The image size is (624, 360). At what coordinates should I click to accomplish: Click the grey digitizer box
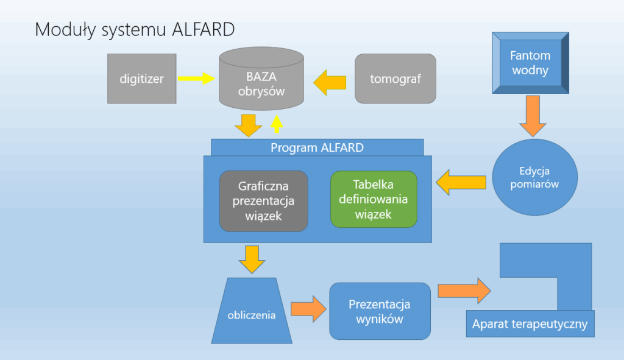(x=141, y=79)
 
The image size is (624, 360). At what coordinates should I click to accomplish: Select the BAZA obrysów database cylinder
(x=261, y=79)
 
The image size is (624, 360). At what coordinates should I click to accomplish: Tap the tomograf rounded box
(x=395, y=79)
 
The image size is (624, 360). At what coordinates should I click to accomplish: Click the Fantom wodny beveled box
(x=531, y=63)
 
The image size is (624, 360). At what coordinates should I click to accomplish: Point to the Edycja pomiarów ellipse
(x=534, y=177)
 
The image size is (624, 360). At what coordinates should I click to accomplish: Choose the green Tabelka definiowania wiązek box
(x=374, y=199)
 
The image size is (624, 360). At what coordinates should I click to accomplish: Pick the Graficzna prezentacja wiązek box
(x=263, y=201)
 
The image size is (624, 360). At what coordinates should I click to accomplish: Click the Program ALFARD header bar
(x=317, y=147)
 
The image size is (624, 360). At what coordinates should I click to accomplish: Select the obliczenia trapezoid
(x=252, y=311)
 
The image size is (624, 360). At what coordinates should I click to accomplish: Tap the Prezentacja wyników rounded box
(x=380, y=311)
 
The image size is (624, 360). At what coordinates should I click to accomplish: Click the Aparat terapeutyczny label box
(x=530, y=324)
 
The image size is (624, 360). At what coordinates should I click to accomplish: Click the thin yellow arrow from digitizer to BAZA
(x=197, y=79)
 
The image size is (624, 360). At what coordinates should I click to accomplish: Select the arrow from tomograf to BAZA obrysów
(x=330, y=83)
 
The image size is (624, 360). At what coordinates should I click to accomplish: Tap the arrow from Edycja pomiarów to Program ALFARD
(x=461, y=183)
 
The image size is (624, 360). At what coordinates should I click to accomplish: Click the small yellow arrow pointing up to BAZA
(x=277, y=124)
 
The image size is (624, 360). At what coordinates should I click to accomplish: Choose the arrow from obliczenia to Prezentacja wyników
(x=309, y=309)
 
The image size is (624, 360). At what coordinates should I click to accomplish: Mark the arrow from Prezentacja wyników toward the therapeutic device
(x=464, y=291)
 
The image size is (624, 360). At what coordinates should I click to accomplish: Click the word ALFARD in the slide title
(x=204, y=30)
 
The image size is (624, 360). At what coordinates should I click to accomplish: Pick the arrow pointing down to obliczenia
(x=252, y=259)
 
